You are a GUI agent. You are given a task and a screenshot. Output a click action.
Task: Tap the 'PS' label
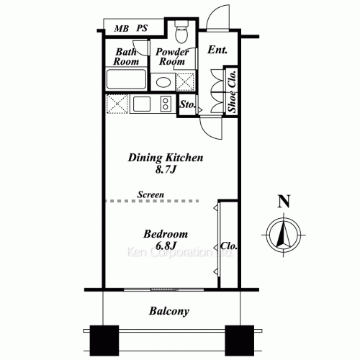[x=143, y=29]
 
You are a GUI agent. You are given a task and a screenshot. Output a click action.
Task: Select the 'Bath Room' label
[x=127, y=56]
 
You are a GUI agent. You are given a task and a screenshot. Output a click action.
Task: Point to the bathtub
[x=127, y=79]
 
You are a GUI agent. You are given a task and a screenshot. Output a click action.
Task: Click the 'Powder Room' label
[x=173, y=56]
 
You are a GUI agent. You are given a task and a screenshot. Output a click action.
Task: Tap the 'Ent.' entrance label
[x=217, y=50]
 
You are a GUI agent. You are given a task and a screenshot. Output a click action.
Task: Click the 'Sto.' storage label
[x=187, y=105]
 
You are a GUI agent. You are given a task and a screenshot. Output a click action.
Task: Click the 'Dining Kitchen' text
[x=166, y=158]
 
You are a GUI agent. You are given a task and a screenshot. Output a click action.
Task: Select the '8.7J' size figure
[x=166, y=171]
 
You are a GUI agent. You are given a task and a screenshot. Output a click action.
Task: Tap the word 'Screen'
[x=151, y=194]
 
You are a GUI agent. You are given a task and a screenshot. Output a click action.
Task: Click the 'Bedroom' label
[x=166, y=235]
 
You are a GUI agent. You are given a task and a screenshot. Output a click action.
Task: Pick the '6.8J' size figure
[x=166, y=247]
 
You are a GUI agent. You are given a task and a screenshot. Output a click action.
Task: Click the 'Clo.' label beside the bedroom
[x=231, y=246]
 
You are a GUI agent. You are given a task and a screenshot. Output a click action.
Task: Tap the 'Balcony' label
[x=169, y=312]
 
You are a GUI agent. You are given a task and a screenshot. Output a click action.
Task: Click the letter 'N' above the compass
[x=284, y=202]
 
